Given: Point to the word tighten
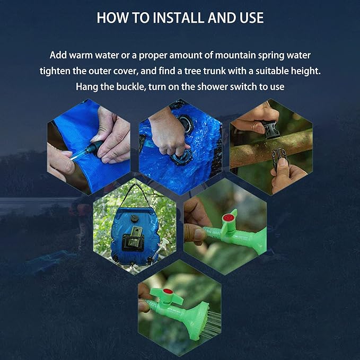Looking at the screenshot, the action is [x=55, y=71].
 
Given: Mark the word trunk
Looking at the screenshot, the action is [x=215, y=71].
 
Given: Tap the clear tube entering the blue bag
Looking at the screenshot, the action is [x=80, y=154].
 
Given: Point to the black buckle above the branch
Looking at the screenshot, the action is [x=271, y=129].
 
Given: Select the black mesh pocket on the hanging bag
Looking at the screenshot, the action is [x=133, y=242].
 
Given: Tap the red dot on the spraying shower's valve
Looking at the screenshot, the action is [x=168, y=292].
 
